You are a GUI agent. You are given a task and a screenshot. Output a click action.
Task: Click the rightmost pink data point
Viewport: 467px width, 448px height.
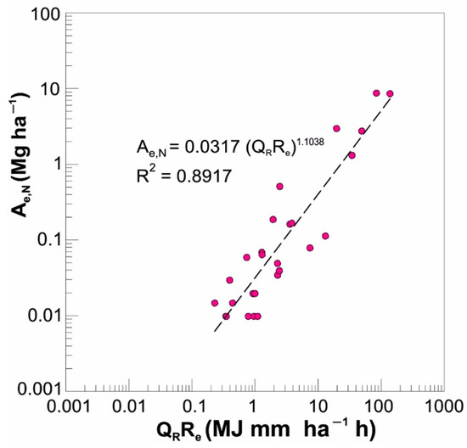pos(390,94)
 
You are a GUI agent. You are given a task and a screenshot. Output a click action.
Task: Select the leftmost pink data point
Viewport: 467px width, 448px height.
pos(215,303)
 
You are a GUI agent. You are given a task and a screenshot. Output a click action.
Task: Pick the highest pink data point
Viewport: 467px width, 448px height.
pos(376,93)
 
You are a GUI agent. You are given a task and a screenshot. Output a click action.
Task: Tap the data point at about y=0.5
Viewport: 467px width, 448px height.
pos(279,187)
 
